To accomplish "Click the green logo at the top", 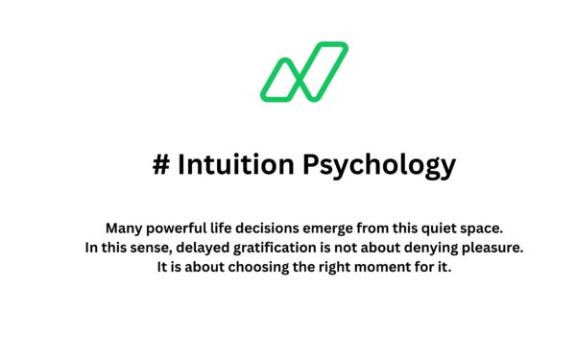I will (x=304, y=72).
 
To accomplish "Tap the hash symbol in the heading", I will (x=160, y=165).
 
